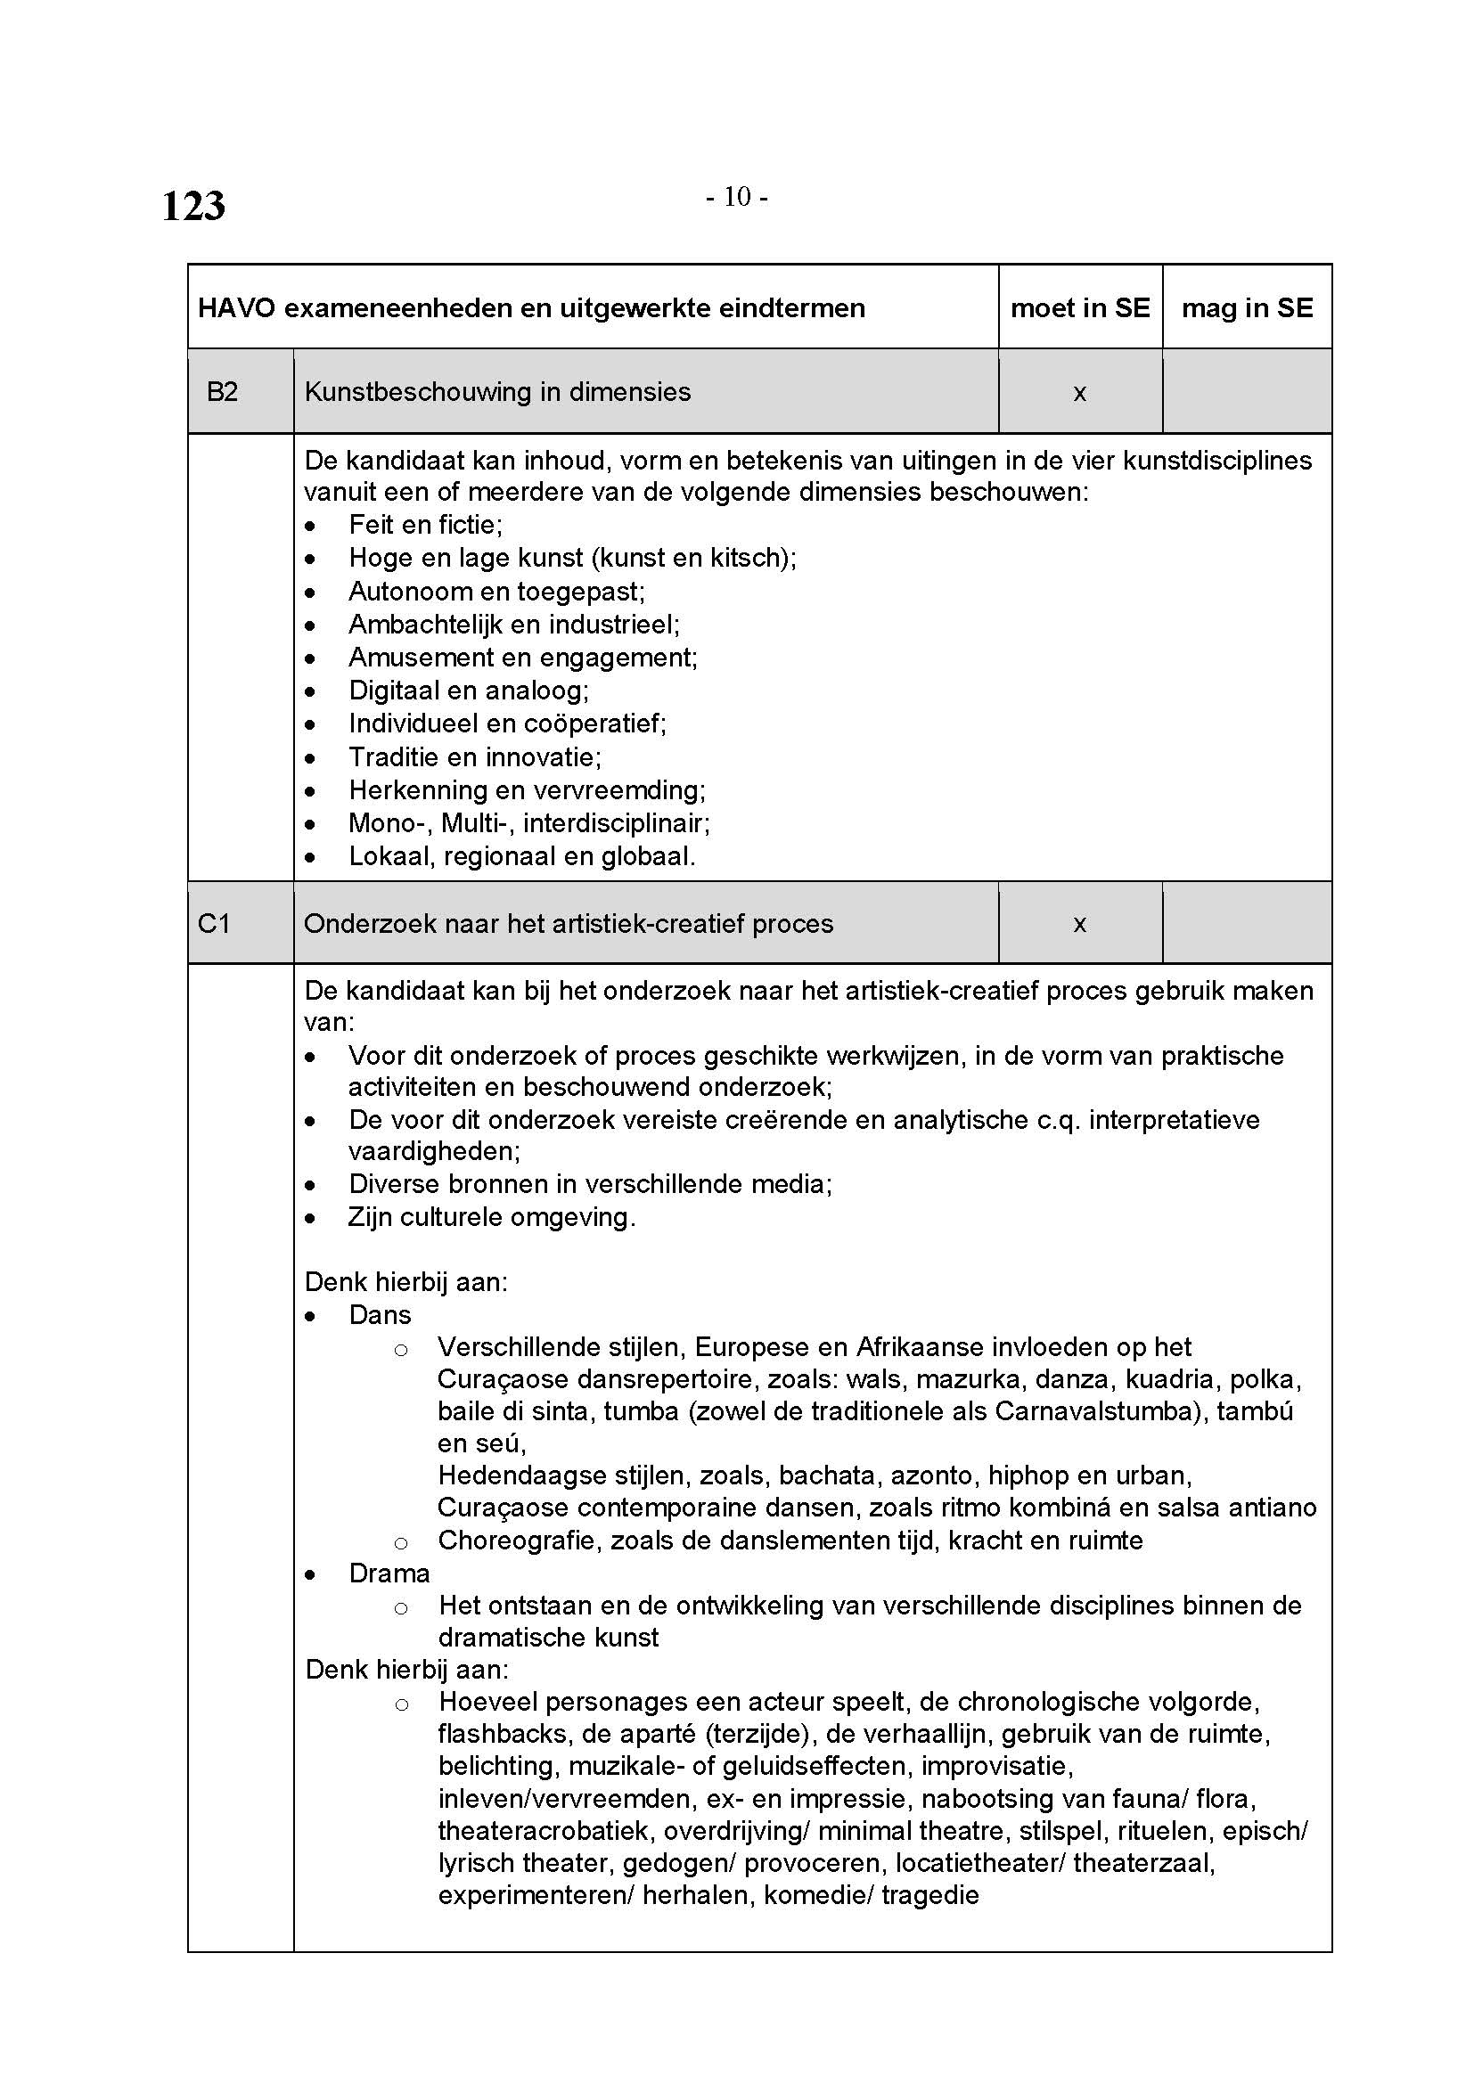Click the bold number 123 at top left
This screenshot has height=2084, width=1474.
(x=193, y=206)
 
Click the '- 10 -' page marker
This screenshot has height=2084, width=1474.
(x=737, y=197)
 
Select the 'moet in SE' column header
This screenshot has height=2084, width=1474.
(x=1079, y=308)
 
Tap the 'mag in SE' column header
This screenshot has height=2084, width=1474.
(x=1246, y=308)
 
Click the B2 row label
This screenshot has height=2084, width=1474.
(x=223, y=392)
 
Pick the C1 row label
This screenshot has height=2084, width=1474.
(x=213, y=924)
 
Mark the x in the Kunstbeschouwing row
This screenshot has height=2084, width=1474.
(x=1079, y=393)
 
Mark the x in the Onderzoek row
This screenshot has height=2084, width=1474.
(x=1079, y=924)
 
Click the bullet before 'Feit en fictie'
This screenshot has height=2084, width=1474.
(x=311, y=527)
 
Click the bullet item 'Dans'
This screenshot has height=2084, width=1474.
(x=380, y=1315)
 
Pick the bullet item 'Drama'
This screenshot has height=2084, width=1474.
(x=389, y=1573)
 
